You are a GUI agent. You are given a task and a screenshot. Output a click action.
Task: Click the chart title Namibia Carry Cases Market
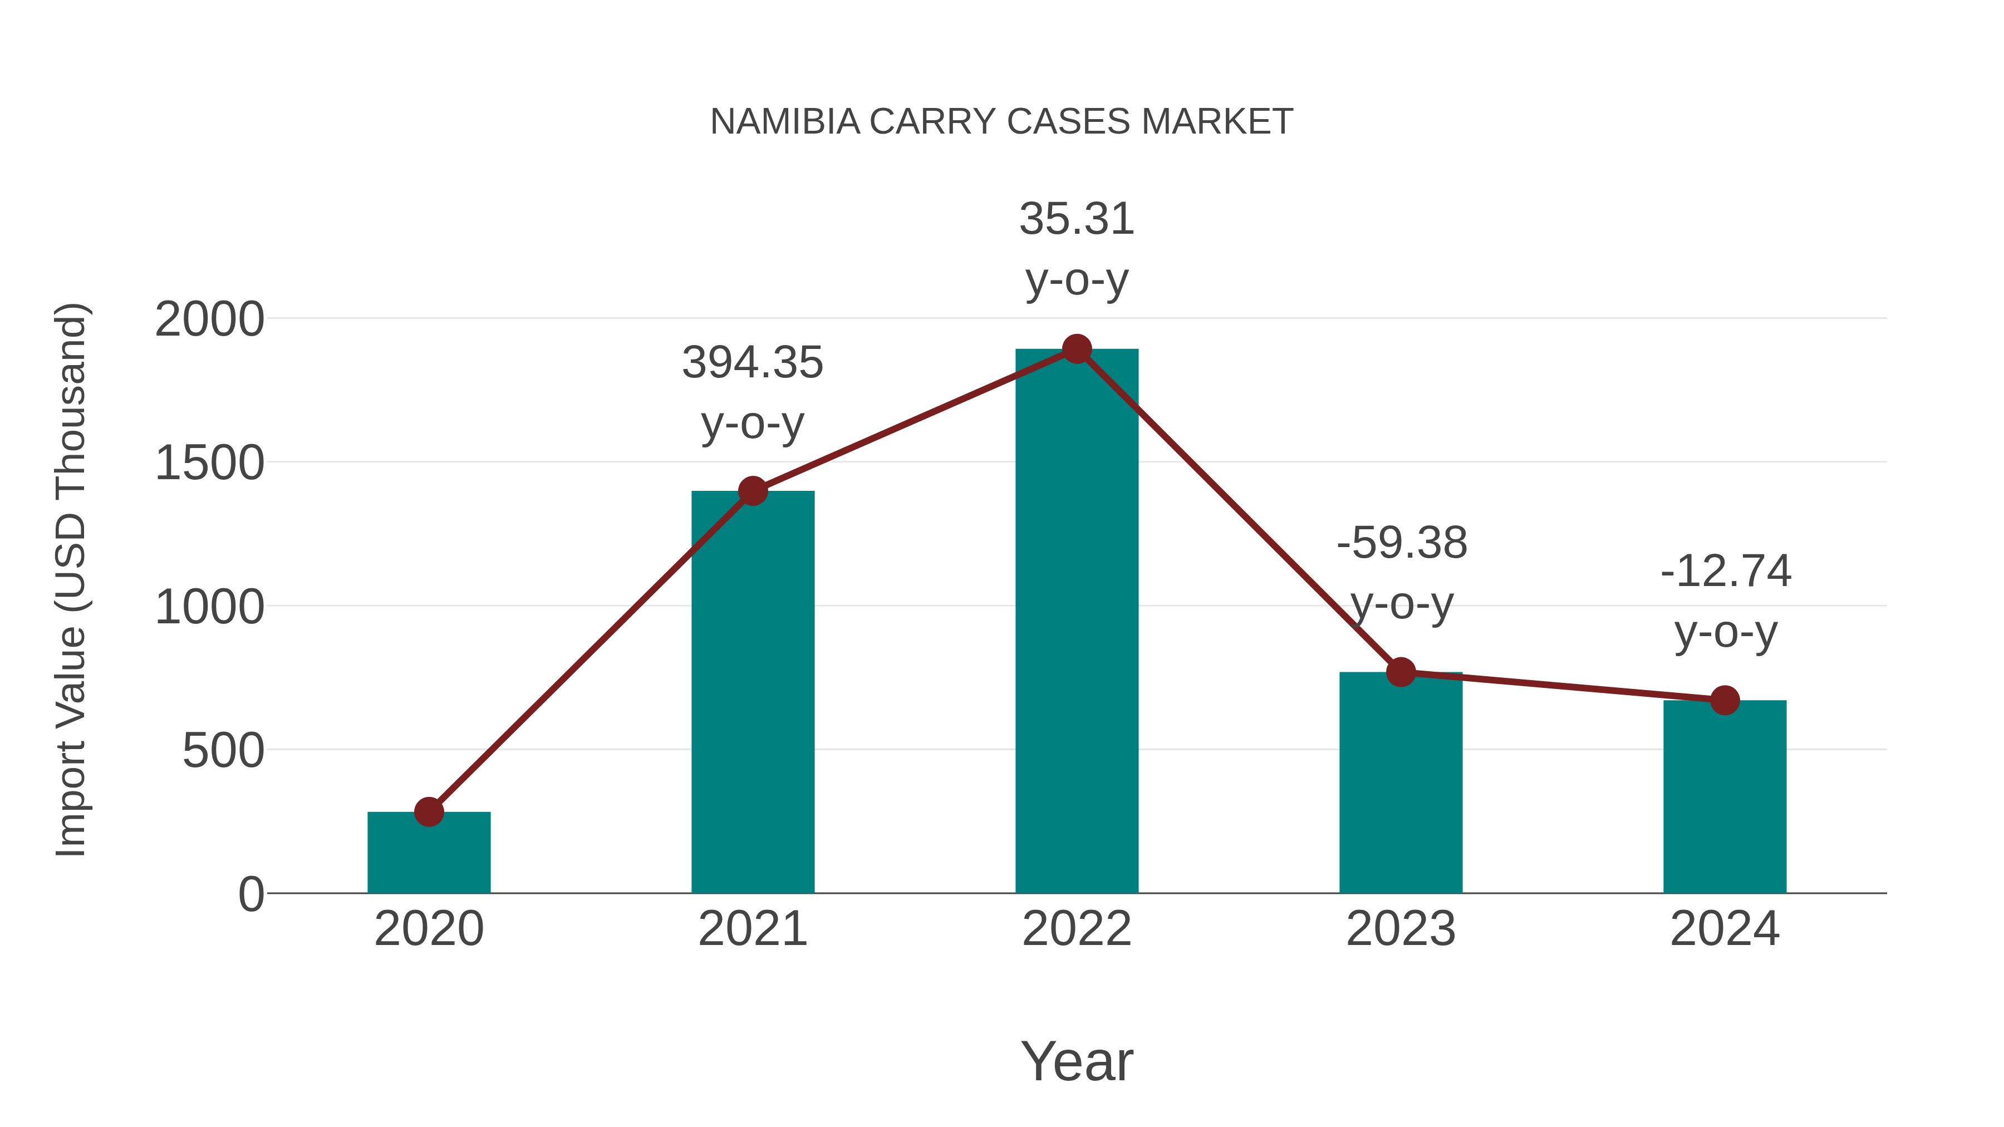point(1001,122)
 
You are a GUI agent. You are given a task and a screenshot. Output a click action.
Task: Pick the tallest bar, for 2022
point(1077,622)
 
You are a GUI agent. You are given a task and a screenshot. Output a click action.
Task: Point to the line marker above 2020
point(429,812)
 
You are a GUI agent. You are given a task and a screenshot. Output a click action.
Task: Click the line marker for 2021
point(752,491)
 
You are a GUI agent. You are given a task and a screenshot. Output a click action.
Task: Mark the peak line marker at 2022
point(1077,349)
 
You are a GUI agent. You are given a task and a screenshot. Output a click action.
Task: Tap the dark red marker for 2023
point(1401,672)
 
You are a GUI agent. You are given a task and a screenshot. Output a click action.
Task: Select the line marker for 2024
point(1725,700)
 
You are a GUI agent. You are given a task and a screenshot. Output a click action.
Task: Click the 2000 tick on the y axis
point(209,319)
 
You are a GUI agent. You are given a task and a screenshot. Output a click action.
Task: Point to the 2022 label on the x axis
point(1077,929)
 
